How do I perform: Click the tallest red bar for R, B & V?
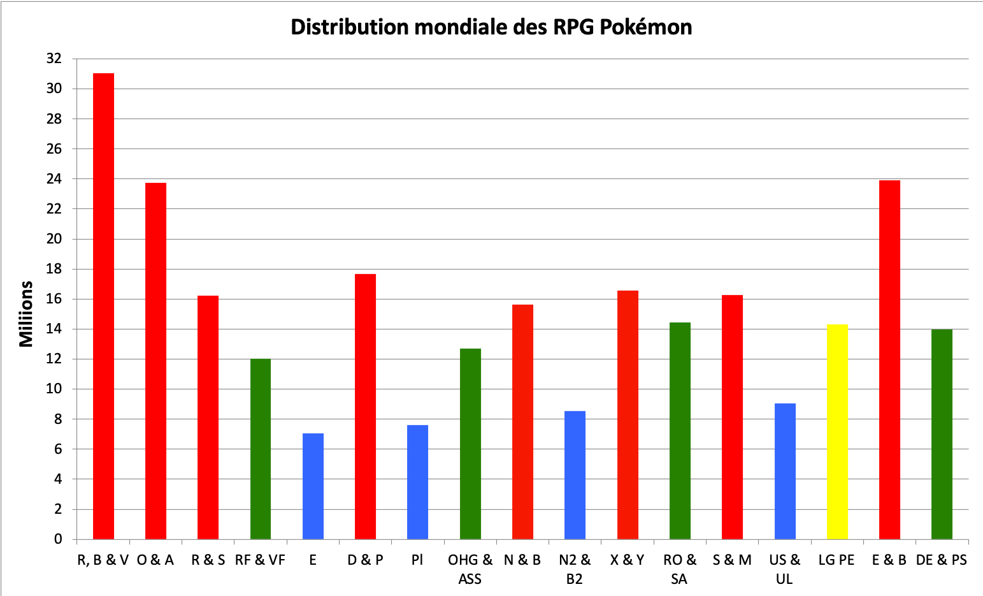pos(103,306)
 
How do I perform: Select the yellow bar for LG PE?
pos(837,432)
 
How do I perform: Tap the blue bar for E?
pos(313,486)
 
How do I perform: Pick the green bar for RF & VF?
pos(260,449)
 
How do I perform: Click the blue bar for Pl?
pos(417,482)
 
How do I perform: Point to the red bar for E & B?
pos(889,360)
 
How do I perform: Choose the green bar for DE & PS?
pos(942,434)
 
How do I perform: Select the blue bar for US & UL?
pos(785,471)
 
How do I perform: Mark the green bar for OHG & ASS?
pos(470,444)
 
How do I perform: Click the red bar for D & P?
pos(365,406)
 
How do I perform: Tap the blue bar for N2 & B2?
pos(575,475)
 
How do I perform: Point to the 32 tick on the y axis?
pos(54,59)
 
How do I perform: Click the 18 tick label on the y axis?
pos(54,269)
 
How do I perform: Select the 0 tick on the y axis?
pos(58,539)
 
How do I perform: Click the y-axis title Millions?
pos(26,314)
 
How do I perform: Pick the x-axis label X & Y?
pos(628,560)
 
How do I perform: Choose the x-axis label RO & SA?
pos(680,569)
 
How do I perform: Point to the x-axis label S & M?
pos(732,560)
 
